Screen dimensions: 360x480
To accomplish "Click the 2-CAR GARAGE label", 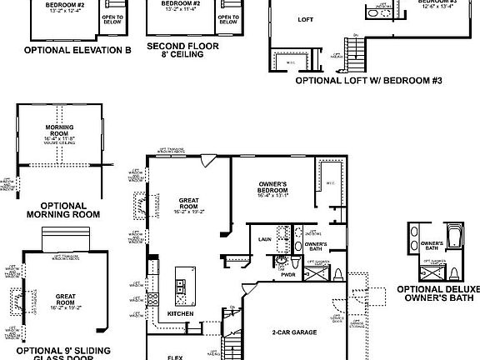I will tap(293, 332).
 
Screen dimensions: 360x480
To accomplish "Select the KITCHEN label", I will tap(182, 313).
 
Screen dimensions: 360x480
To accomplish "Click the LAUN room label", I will tap(266, 239).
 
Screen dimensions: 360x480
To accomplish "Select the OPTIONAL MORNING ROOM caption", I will tap(63, 209).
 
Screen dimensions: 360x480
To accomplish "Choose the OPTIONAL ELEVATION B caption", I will tap(77, 50).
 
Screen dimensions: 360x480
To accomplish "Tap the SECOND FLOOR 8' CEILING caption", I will tap(183, 52).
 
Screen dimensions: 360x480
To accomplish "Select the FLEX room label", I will tap(175, 357).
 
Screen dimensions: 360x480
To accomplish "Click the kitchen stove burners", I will tap(152, 298).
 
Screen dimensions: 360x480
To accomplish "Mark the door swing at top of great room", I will tap(207, 160).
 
